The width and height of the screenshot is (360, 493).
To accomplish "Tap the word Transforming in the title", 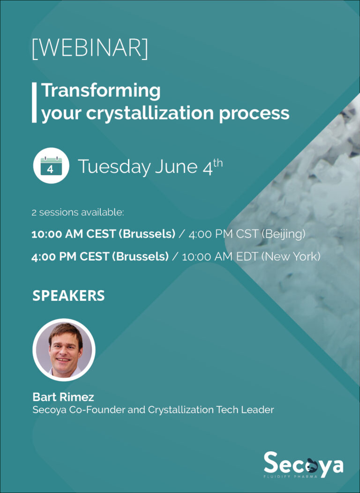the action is [x=101, y=91].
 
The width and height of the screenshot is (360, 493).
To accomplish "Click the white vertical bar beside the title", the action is [x=34, y=102].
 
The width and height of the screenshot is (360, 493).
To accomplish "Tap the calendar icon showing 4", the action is [x=51, y=166].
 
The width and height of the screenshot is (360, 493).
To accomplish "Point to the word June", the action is [x=176, y=166].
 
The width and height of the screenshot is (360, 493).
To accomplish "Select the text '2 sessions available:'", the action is [x=78, y=212].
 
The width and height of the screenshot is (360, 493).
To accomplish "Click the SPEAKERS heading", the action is [x=68, y=296].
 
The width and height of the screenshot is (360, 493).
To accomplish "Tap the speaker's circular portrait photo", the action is [x=64, y=350].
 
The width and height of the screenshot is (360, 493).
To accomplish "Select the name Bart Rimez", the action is [x=63, y=397].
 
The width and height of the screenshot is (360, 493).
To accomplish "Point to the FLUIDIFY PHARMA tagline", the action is [x=291, y=477].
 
